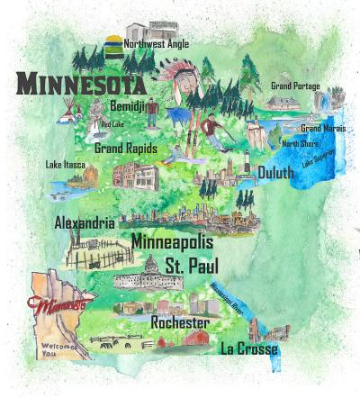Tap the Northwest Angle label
[x=157, y=42]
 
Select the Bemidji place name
[x=128, y=106]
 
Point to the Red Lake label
[x=112, y=124]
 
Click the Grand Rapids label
[x=126, y=147]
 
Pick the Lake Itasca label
[x=66, y=165]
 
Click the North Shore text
[x=300, y=143]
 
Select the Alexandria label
[x=84, y=222]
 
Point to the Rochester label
[x=180, y=322]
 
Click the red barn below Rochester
[x=194, y=339]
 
